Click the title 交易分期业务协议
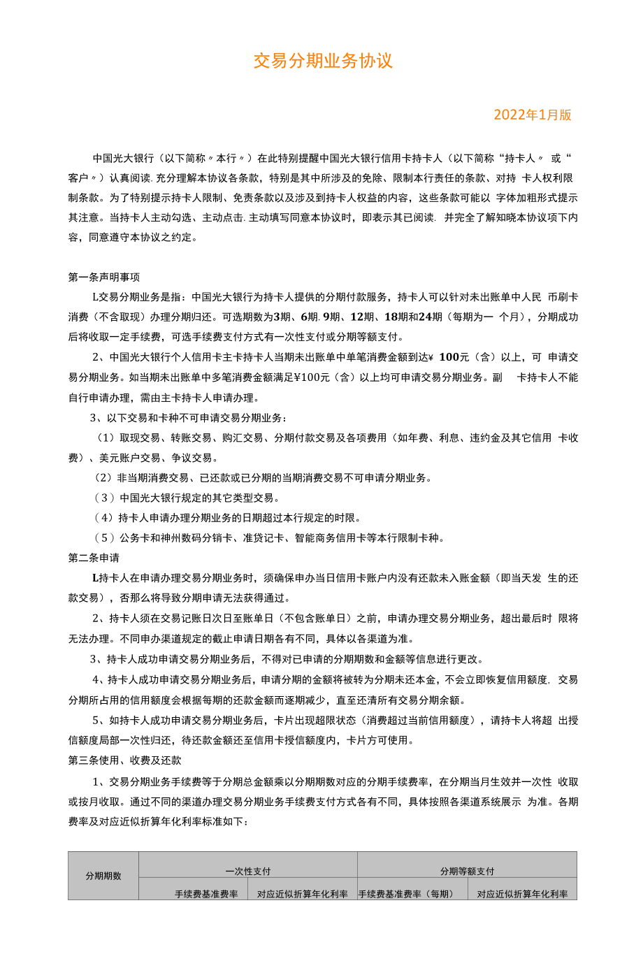(323, 61)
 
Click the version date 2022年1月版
(533, 115)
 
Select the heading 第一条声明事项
(103, 277)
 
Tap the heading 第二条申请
(94, 558)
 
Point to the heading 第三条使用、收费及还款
(124, 760)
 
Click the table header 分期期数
(103, 876)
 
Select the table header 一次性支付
(248, 871)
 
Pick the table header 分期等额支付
(467, 871)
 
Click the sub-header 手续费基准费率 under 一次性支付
(206, 894)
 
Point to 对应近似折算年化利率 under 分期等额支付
(522, 894)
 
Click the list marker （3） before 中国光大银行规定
(105, 498)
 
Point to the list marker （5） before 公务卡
(105, 537)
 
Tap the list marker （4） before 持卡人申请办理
(105, 518)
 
